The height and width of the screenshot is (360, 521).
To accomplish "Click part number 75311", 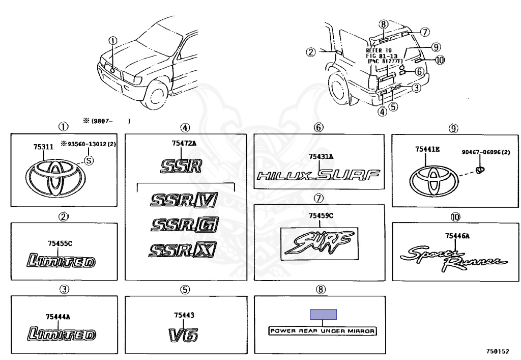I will point(43,147).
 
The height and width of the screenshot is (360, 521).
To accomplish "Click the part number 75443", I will point(184,316).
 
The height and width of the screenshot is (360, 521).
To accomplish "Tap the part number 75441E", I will point(428,149).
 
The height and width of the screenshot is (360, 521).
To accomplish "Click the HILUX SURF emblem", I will point(319,176).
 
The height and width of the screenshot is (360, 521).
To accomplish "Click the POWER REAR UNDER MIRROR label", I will point(323,331).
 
